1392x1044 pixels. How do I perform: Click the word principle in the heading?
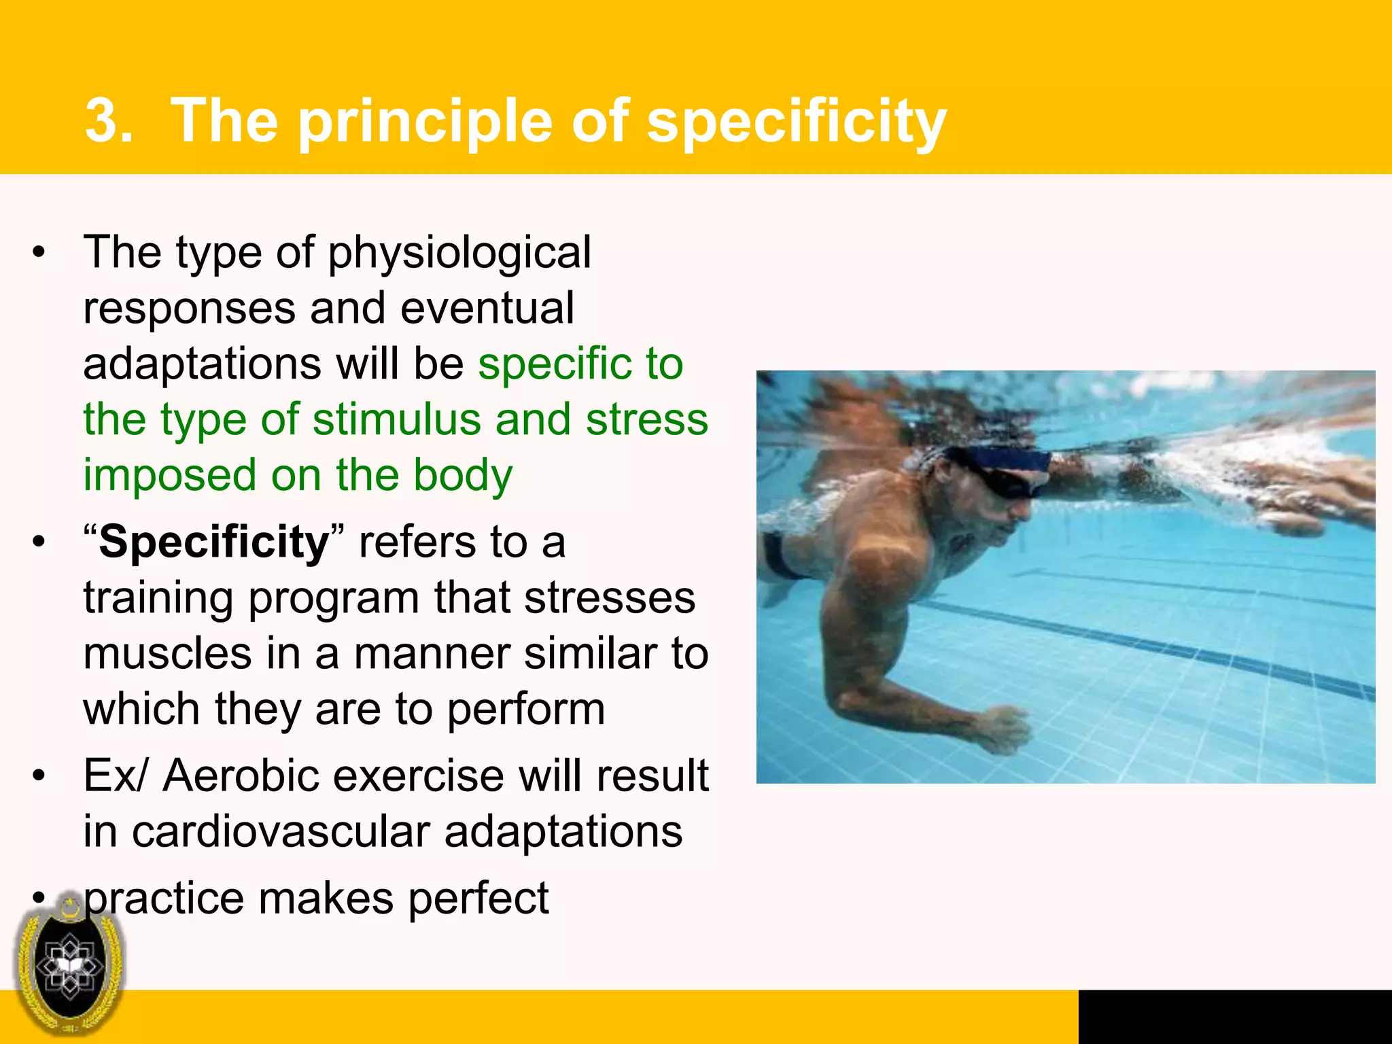[x=425, y=122]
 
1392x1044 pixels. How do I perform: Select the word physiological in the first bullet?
[x=459, y=253]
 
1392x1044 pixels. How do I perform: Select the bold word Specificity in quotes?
[x=213, y=542]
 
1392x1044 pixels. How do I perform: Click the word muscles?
[x=167, y=654]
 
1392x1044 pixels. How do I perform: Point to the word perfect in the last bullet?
[x=478, y=899]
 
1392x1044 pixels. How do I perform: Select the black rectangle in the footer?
[x=1234, y=1017]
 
